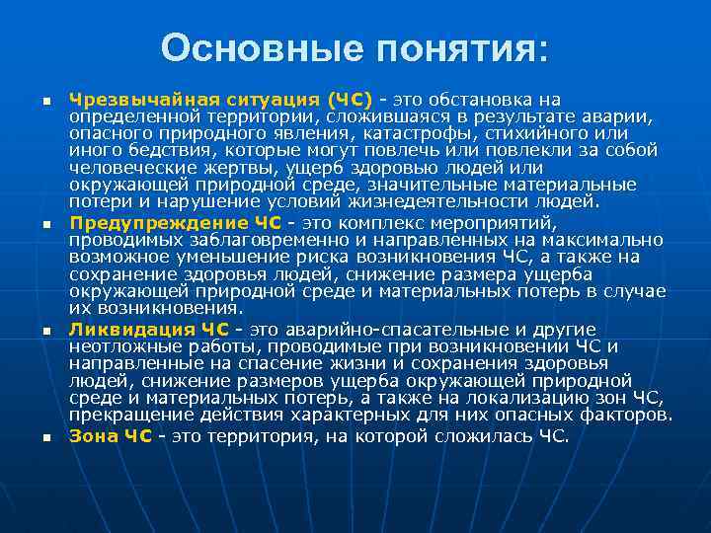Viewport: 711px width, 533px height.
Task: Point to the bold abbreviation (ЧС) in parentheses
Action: pos(349,100)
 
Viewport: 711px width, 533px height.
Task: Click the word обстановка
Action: pos(482,100)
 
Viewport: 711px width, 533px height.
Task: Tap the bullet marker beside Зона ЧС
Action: pos(45,437)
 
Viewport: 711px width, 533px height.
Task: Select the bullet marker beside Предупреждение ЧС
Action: pos(45,225)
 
